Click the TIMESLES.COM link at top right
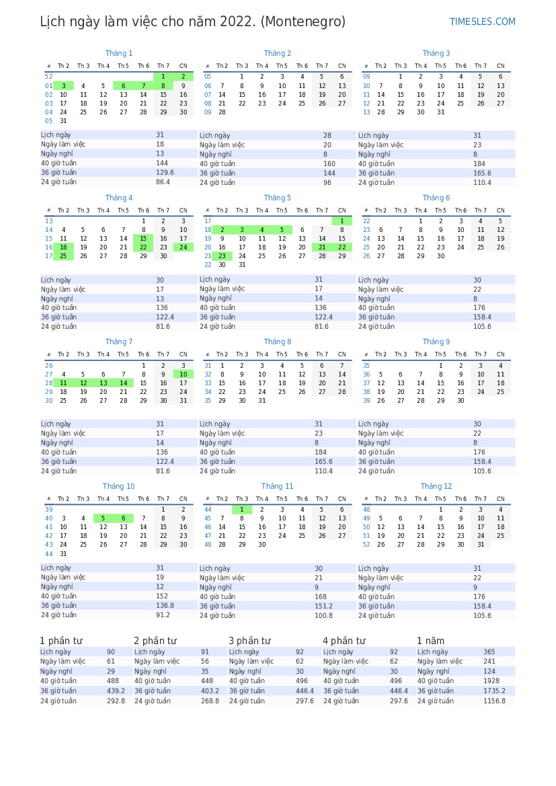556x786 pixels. [482, 22]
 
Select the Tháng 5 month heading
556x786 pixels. [277, 198]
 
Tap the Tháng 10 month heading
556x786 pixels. [118, 486]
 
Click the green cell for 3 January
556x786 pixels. [63, 86]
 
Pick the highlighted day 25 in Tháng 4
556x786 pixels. [63, 256]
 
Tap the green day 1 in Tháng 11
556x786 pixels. [242, 510]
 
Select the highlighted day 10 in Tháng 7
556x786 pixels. [183, 375]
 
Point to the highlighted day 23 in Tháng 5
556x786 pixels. [222, 256]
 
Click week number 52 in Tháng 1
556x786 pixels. [48, 77]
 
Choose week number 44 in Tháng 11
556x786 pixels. [208, 510]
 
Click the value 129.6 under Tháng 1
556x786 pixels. [165, 173]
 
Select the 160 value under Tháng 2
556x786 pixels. [329, 164]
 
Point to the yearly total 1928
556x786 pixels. [491, 681]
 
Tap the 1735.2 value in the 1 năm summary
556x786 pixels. [494, 691]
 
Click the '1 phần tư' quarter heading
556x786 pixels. [61, 641]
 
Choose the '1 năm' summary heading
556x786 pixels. [430, 641]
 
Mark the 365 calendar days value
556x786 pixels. [489, 652]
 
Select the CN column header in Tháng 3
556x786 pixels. [500, 66]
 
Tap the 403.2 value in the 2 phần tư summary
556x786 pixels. [210, 691]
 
